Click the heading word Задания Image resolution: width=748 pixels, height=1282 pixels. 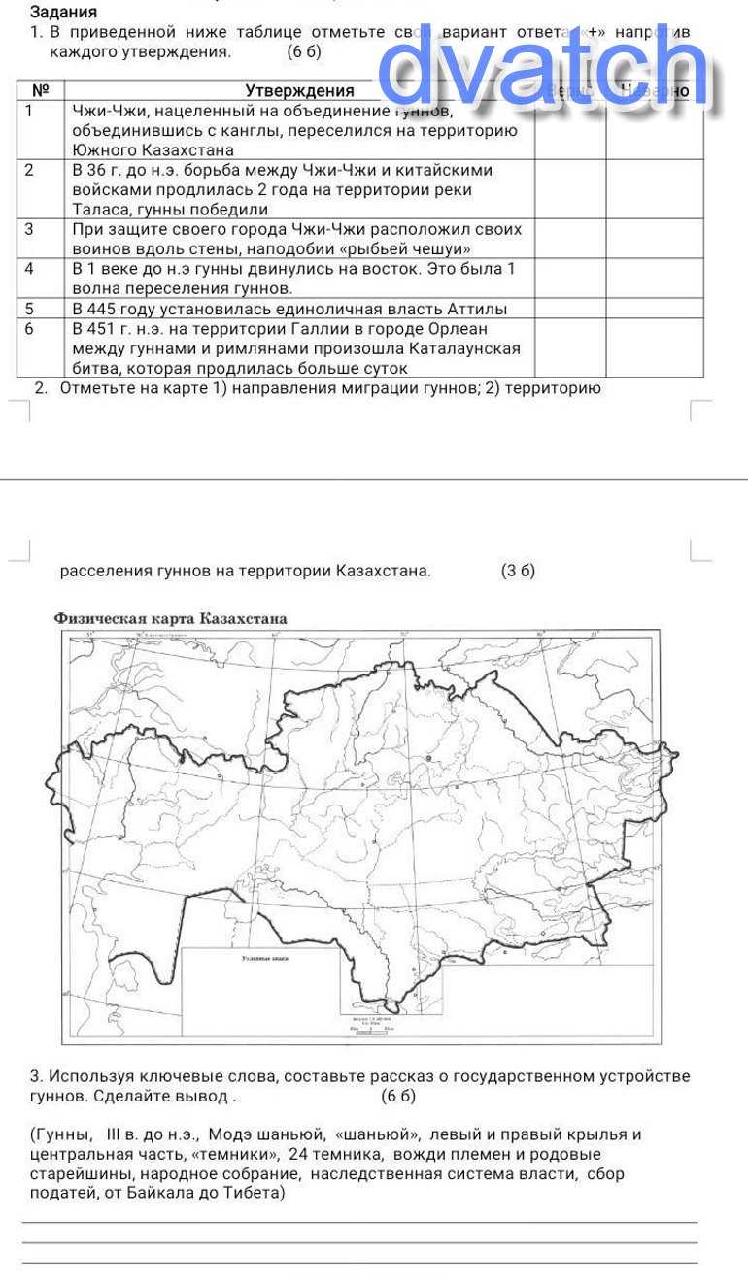64,13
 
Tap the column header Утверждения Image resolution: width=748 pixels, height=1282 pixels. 299,91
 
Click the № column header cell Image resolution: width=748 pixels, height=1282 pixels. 41,91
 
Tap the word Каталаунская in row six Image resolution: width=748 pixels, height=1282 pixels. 464,348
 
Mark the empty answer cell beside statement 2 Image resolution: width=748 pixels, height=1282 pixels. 570,189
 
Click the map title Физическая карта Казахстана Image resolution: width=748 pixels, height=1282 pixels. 171,618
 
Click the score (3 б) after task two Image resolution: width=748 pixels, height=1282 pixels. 518,571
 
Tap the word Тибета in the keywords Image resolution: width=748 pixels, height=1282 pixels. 255,1193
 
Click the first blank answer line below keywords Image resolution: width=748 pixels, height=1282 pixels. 359,1222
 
